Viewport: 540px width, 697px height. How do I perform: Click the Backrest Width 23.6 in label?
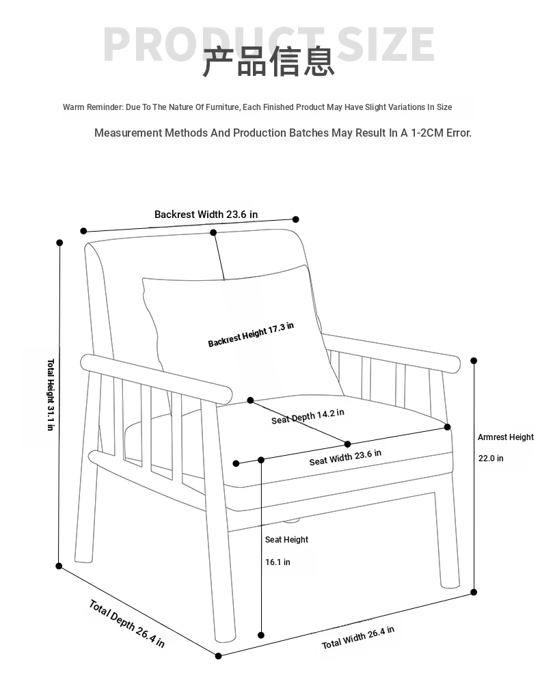coord(206,215)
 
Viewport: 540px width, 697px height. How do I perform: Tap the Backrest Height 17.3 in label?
coord(251,334)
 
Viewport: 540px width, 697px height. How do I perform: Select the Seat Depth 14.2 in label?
coord(308,416)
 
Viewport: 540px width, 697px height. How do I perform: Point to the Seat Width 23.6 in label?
coord(345,457)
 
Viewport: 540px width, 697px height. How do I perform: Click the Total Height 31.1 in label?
coord(51,395)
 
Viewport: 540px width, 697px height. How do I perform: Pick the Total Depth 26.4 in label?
coord(127,623)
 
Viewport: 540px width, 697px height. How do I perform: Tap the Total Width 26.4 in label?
coord(357,638)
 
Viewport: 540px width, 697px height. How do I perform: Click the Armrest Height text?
coord(505,437)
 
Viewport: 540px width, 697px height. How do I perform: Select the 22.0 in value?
coord(491,459)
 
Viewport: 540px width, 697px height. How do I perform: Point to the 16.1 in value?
coord(278,562)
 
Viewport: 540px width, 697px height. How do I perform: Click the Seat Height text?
coord(286,540)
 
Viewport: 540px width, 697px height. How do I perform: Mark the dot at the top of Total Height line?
coord(59,243)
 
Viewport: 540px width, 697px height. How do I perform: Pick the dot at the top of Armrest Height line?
coord(474,361)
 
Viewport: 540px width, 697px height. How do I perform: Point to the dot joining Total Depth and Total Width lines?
coord(219,656)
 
